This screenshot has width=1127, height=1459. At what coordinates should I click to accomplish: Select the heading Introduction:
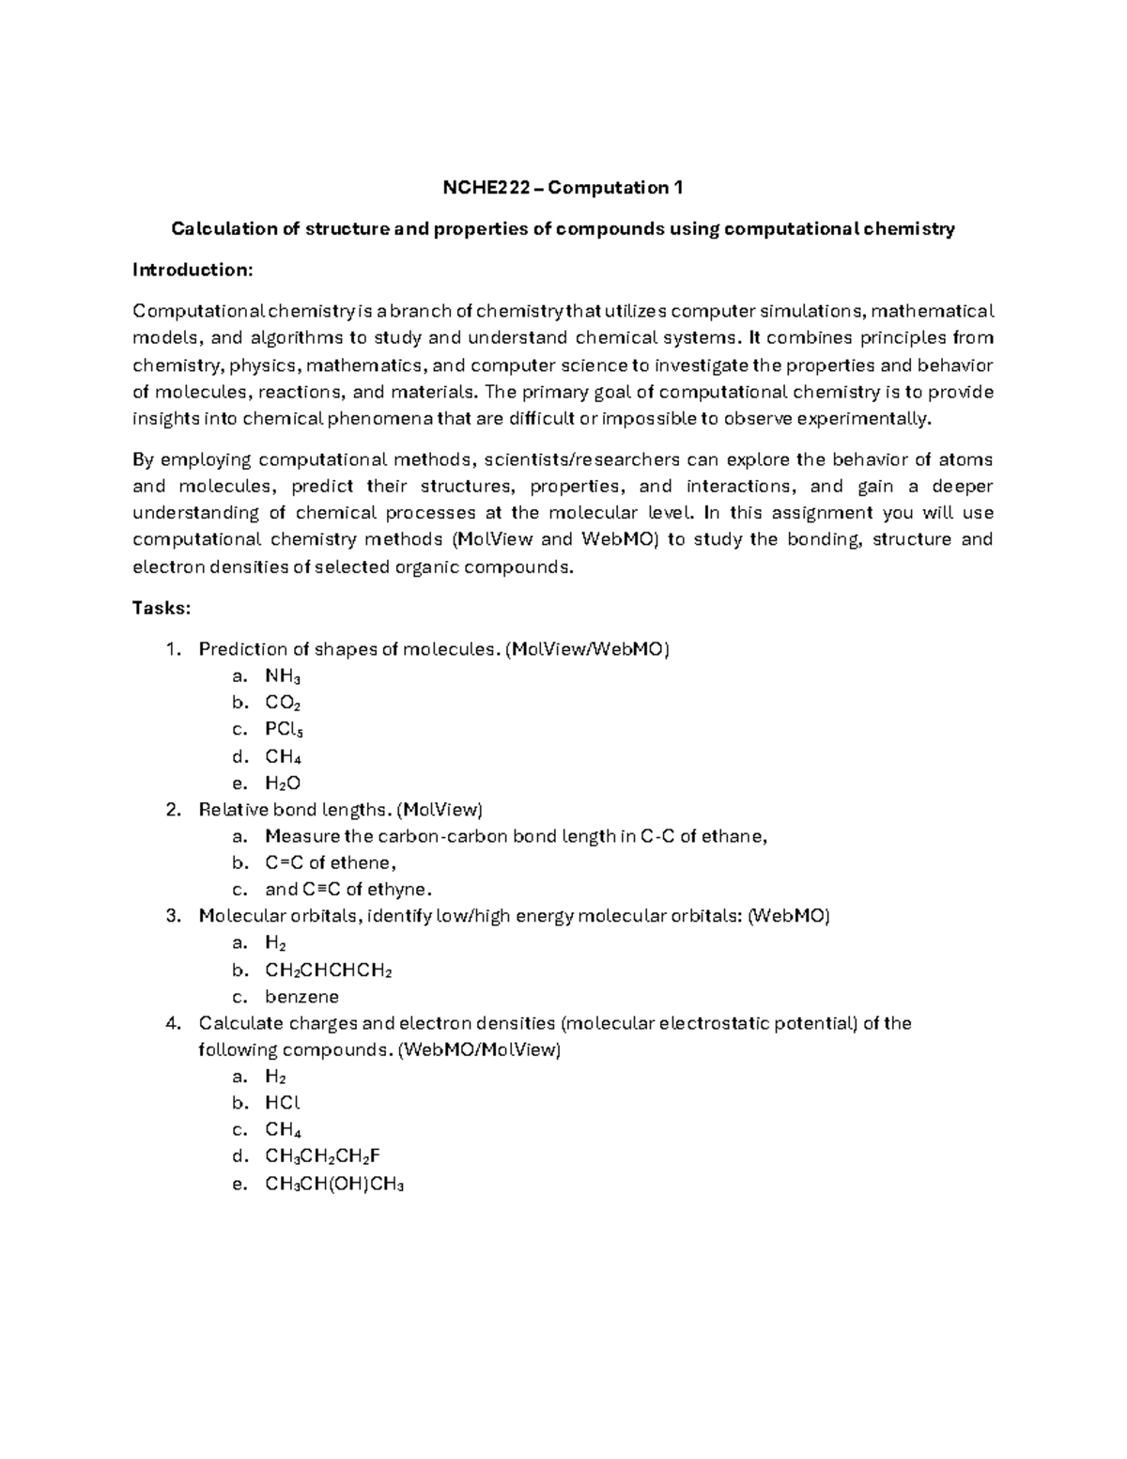coord(193,271)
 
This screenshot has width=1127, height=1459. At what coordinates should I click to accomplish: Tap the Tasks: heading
coord(162,608)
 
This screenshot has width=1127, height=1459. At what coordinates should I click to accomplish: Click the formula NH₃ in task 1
coord(283,676)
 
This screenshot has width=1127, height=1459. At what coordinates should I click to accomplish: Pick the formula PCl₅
coord(284,730)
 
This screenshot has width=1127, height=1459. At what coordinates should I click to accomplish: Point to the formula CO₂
coord(283,703)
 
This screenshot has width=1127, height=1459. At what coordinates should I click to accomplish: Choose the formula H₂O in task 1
coord(283,784)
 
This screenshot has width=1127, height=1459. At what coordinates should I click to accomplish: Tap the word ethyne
coord(400,890)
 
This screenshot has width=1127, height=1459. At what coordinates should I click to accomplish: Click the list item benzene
coord(301,997)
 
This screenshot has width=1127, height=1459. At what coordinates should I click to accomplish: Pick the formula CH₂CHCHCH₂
coord(329,970)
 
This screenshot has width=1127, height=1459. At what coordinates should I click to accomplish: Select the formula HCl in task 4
coord(283,1103)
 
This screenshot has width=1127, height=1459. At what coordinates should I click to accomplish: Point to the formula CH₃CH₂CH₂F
coord(323,1156)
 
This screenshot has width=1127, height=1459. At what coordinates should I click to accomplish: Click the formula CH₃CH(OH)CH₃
coord(334,1184)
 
